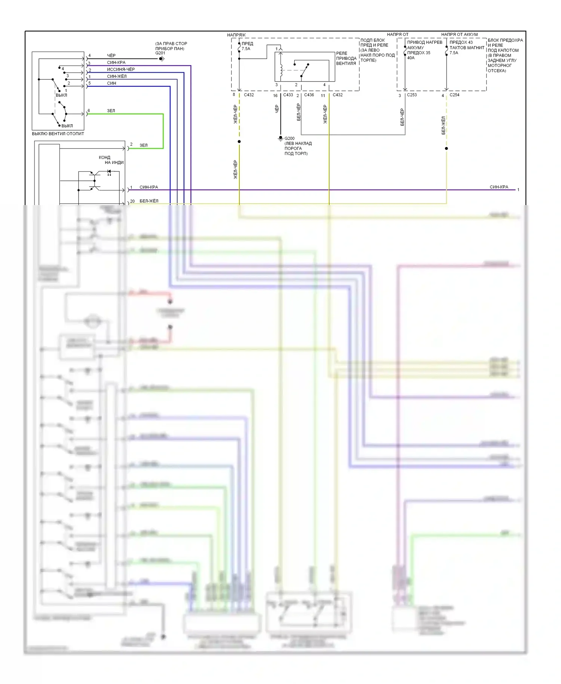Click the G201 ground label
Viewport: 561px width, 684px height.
160,53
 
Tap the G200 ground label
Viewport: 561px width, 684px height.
289,138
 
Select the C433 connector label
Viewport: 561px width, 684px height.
288,95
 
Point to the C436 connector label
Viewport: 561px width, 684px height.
309,95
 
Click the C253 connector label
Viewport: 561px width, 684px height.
412,95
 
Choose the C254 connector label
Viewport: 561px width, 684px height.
454,95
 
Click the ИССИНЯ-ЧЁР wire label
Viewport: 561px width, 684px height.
121,69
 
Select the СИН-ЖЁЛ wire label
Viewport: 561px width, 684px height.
117,76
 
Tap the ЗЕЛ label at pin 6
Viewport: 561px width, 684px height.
111,111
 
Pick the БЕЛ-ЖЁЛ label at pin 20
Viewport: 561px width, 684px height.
149,201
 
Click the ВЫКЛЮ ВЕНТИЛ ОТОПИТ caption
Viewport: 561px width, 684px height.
58,134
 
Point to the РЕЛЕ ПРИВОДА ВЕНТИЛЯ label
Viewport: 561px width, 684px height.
346,58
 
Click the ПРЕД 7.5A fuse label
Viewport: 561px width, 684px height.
247,46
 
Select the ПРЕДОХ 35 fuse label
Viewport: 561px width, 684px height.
419,53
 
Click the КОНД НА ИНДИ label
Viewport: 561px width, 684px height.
111,160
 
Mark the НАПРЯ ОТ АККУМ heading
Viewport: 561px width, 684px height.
459,34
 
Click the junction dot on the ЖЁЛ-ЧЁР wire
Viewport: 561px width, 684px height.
239,141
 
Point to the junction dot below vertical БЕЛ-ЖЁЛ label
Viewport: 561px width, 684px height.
446,149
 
